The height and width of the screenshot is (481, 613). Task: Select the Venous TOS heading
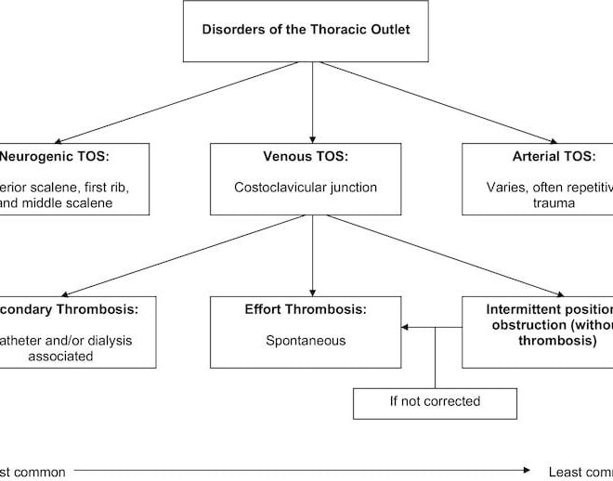point(312,157)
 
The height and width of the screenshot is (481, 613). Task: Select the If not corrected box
point(435,402)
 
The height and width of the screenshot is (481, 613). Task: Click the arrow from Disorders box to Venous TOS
point(312,102)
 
